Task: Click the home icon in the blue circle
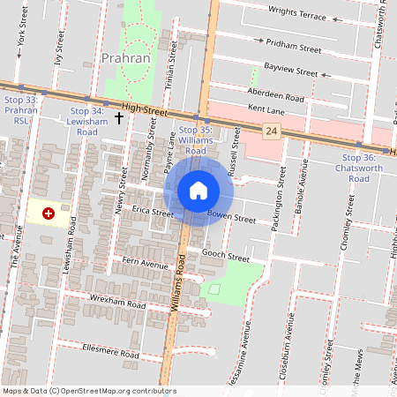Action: (x=198, y=190)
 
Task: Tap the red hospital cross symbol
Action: (x=49, y=213)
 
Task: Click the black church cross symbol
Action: (x=118, y=116)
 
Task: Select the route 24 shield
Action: (x=271, y=131)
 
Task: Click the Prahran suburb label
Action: (x=126, y=58)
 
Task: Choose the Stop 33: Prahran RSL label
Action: (x=20, y=111)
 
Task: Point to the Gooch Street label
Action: (x=227, y=256)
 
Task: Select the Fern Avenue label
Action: (x=145, y=264)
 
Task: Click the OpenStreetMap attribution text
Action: (x=89, y=390)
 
